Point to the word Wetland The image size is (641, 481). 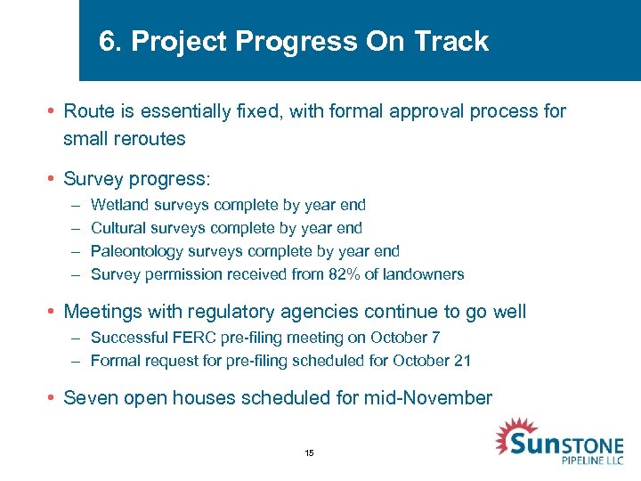coord(118,205)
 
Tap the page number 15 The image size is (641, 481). coord(309,453)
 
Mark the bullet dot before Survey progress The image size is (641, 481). coord(53,179)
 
